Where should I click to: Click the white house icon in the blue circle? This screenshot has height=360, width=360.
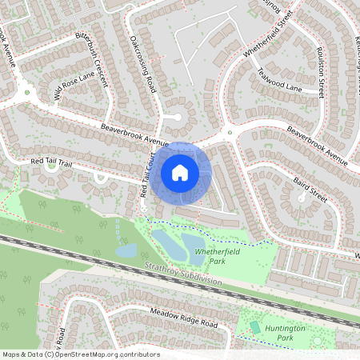tap(180, 172)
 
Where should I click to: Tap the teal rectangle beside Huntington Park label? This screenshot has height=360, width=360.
tap(255, 327)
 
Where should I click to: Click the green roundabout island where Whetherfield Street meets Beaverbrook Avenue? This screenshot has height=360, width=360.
tap(230, 133)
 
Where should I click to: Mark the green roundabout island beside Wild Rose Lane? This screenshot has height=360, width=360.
tap(26, 94)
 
